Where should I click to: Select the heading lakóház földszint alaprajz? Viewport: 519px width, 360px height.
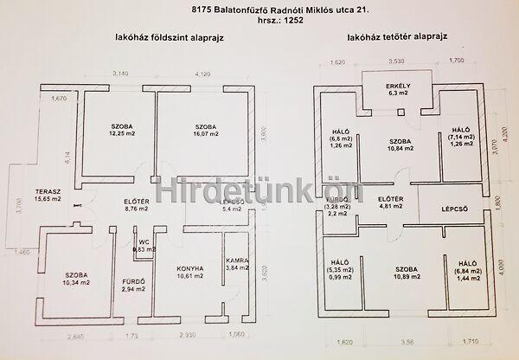pyautogui.click(x=165, y=38)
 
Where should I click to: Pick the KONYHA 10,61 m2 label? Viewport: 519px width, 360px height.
pyautogui.click(x=188, y=273)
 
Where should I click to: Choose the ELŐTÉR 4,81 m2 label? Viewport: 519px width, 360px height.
pyautogui.click(x=392, y=203)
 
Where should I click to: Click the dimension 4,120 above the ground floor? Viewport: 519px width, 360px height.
pyautogui.click(x=203, y=75)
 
